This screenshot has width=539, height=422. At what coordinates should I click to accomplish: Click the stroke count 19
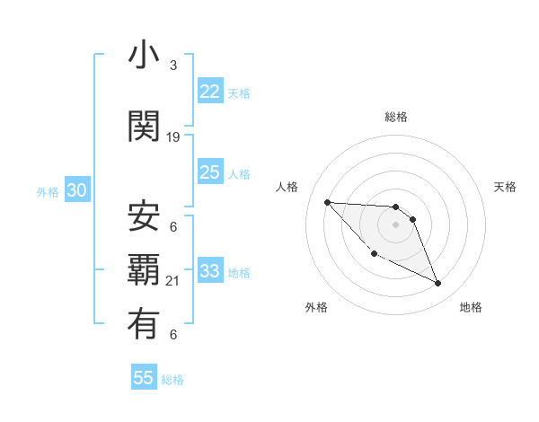pos(173,137)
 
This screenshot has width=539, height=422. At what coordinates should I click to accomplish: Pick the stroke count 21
pos(173,282)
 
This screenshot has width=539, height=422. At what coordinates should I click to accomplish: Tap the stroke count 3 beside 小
pos(173,66)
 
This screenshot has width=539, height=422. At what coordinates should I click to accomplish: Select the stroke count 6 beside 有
pos(173,335)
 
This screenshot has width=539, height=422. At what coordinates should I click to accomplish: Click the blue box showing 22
pos(210,92)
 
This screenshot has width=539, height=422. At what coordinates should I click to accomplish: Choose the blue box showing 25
pos(210,172)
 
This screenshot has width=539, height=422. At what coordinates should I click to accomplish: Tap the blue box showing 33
pos(210,271)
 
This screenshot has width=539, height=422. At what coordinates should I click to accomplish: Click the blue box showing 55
pos(144,378)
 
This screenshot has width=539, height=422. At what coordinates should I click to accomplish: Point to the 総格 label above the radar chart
pos(396,117)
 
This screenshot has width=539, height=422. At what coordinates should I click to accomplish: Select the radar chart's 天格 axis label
pos(505,187)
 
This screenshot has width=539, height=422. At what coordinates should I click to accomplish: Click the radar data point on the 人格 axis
pos(327,202)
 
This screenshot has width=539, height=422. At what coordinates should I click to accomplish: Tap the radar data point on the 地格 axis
pos(438,284)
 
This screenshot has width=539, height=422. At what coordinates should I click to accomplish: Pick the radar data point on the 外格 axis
pos(374,254)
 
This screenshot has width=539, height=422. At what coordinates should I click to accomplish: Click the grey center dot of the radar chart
pos(396,224)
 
